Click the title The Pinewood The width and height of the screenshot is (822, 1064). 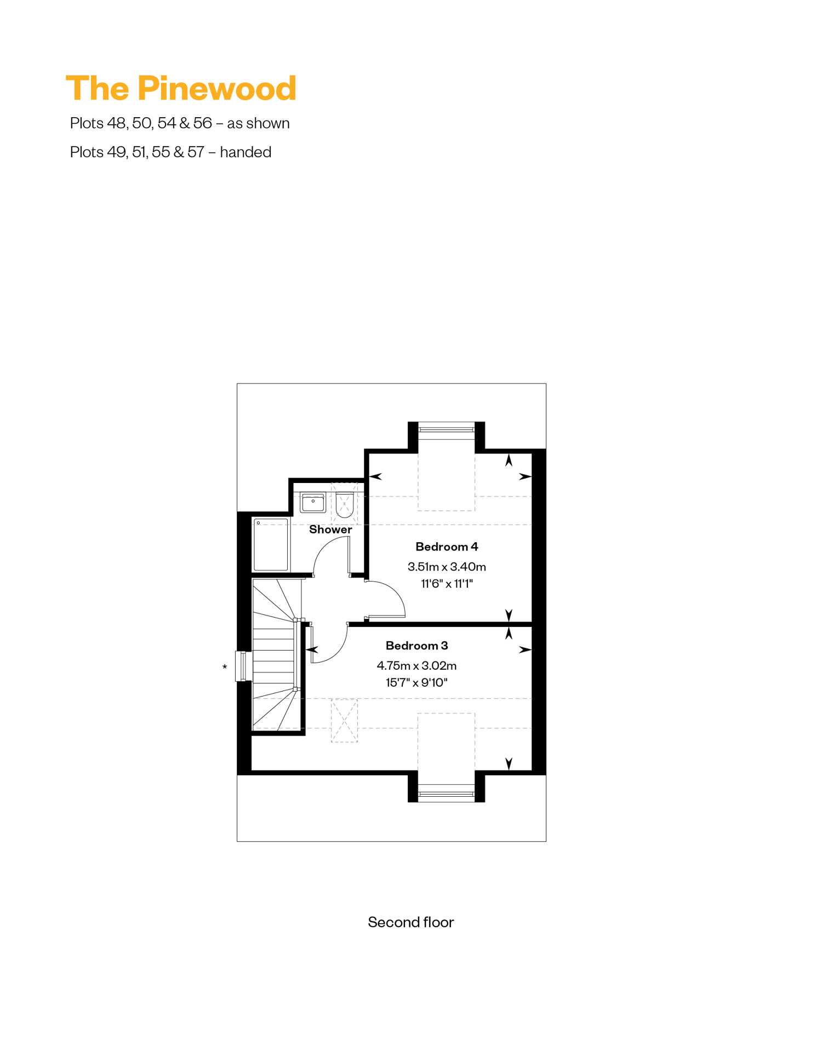pyautogui.click(x=181, y=89)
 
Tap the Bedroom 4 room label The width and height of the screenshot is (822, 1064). pyautogui.click(x=447, y=547)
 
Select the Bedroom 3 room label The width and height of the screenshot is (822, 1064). pyautogui.click(x=416, y=646)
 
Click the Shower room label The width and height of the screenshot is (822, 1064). pyautogui.click(x=330, y=530)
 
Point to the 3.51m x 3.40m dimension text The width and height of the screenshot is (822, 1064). pyautogui.click(x=447, y=567)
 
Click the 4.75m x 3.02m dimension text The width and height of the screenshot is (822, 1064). pyautogui.click(x=416, y=666)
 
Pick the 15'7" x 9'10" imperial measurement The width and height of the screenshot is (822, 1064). pyautogui.click(x=416, y=682)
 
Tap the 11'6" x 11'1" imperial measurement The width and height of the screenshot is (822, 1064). pyautogui.click(x=447, y=584)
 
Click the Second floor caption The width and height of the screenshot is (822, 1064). pyautogui.click(x=411, y=922)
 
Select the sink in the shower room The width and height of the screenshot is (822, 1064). pyautogui.click(x=313, y=502)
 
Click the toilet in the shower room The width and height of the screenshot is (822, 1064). pyautogui.click(x=344, y=505)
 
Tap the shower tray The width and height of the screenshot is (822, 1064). pyautogui.click(x=271, y=545)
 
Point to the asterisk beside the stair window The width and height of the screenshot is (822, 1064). pyautogui.click(x=225, y=667)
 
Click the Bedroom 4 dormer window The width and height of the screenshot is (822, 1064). pyautogui.click(x=447, y=429)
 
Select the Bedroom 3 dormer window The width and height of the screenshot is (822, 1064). pyautogui.click(x=447, y=793)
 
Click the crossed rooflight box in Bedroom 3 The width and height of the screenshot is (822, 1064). pyautogui.click(x=344, y=721)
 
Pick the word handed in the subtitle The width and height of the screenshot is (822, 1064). pyautogui.click(x=246, y=152)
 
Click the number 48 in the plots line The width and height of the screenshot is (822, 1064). pyautogui.click(x=117, y=123)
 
